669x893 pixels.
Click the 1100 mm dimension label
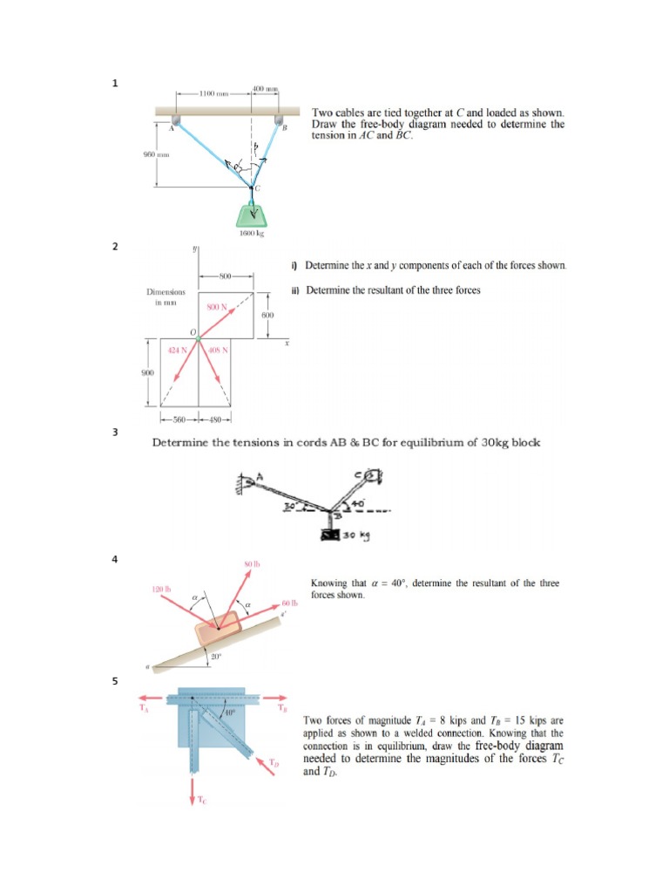[212, 93]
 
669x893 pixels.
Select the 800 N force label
[216, 307]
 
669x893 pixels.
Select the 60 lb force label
[289, 603]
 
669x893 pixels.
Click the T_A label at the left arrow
[144, 707]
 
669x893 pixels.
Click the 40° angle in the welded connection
[229, 715]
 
